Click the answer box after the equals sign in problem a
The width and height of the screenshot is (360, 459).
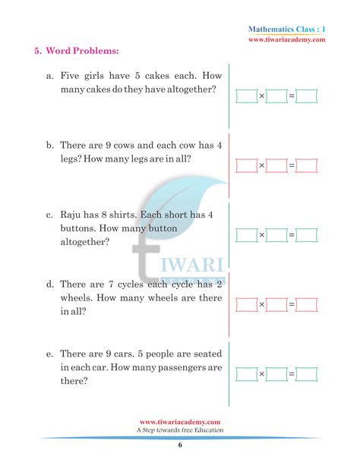pos(307,96)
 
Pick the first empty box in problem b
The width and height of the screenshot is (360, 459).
pos(246,165)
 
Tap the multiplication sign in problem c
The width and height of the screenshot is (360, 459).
pos(261,235)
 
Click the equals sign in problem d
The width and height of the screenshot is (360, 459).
pos(291,305)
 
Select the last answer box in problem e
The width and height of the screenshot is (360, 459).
pos(307,374)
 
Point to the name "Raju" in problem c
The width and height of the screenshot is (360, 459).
pos(74,215)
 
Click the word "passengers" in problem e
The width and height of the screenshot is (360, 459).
pos(185,368)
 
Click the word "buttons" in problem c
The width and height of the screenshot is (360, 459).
pos(78,228)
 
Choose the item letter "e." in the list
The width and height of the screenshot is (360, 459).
pos(49,354)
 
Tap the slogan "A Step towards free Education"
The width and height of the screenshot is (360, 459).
pos(181,430)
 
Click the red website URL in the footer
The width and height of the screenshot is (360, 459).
pos(181,422)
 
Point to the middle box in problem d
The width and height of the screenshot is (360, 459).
pos(276,305)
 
